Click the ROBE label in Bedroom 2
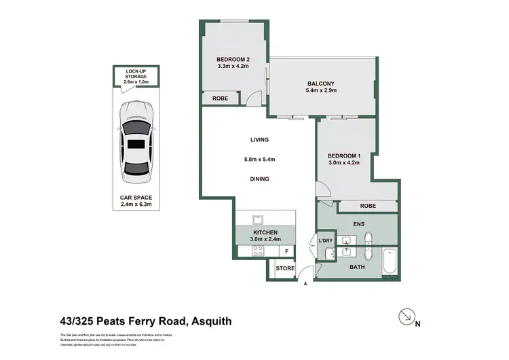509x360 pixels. click(x=220, y=98)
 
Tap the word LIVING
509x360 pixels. click(x=259, y=140)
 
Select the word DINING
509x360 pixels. click(x=259, y=179)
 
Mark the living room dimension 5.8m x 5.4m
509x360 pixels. click(x=259, y=160)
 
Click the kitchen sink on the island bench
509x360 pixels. click(x=258, y=219)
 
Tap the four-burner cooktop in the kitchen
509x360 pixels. click(x=258, y=251)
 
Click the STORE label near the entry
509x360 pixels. click(x=285, y=269)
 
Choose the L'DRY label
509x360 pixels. click(x=325, y=241)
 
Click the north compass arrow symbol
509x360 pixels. click(x=406, y=317)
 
